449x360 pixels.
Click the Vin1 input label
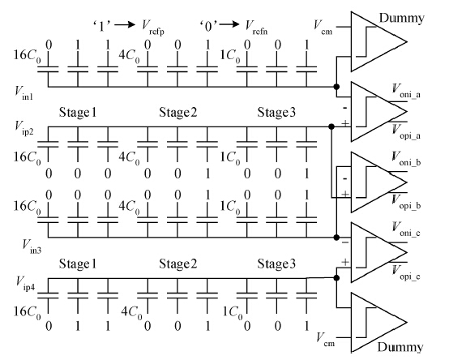[x=24, y=93]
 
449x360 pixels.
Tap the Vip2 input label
[x=24, y=128]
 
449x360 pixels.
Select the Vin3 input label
[x=32, y=246]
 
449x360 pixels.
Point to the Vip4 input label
[x=25, y=283]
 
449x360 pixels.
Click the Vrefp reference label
[x=153, y=28]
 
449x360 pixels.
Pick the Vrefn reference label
[x=256, y=28]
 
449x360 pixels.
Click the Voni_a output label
[x=406, y=91]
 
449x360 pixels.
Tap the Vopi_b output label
[x=406, y=202]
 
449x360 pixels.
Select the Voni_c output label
[x=406, y=229]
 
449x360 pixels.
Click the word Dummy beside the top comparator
[x=401, y=18]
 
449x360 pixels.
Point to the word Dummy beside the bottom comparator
[x=400, y=347]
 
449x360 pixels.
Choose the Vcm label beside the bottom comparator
[x=326, y=340]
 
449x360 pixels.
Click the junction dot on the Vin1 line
[x=337, y=87]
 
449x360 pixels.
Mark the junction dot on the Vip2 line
[x=331, y=126]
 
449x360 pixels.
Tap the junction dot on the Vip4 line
[x=337, y=278]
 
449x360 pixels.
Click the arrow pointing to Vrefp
[x=125, y=24]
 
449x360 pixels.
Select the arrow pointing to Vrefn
[x=229, y=24]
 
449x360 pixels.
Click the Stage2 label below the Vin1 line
[x=178, y=112]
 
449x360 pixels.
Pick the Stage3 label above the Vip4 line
[x=276, y=264]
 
